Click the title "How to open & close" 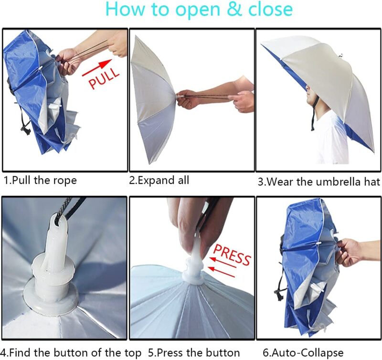(199, 10)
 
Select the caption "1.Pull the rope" (40, 180)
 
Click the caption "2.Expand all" (159, 180)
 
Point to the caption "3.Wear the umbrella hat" (319, 181)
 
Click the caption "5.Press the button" (194, 353)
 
